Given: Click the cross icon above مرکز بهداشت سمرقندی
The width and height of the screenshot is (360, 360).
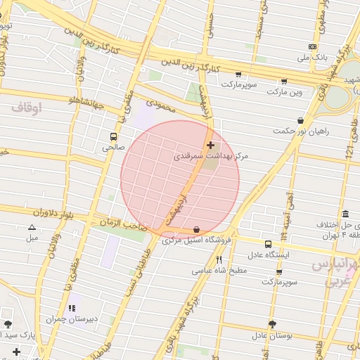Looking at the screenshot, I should pyautogui.click(x=210, y=145).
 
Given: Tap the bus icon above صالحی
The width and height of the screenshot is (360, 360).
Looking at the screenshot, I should pyautogui.click(x=113, y=136).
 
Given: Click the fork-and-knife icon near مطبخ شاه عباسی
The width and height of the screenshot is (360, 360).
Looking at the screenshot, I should pyautogui.click(x=219, y=259).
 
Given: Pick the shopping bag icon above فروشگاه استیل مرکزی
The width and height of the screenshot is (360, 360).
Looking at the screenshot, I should pyautogui.click(x=195, y=229).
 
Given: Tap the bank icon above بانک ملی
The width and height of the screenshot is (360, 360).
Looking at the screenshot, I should pyautogui.click(x=312, y=46).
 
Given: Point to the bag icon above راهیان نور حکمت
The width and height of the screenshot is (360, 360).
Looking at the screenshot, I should pyautogui.click(x=301, y=120).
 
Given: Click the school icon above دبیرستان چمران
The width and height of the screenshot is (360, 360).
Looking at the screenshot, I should pyautogui.click(x=72, y=308).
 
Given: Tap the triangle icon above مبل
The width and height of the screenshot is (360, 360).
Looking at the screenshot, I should pyautogui.click(x=32, y=227).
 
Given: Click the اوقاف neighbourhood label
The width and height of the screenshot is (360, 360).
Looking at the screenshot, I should pyautogui.click(x=27, y=108).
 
